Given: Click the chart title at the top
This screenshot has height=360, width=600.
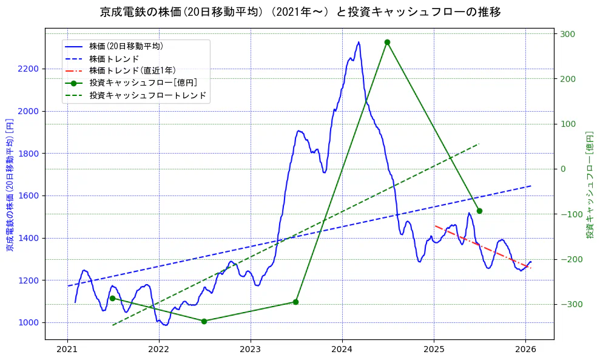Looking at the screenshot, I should (300, 12).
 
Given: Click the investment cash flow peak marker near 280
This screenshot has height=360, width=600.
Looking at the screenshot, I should (387, 42).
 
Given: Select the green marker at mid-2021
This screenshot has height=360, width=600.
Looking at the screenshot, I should (112, 298).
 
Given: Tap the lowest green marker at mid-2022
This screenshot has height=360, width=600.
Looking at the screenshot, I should (204, 321).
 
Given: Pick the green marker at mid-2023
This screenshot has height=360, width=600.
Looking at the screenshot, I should (295, 302).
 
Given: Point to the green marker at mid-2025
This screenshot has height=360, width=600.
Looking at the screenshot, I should (479, 211).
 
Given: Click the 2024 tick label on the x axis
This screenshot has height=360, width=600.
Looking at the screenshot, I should (342, 349).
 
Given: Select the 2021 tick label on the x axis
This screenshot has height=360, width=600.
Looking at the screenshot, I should (67, 349).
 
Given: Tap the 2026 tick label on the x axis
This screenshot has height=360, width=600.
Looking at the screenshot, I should (525, 349).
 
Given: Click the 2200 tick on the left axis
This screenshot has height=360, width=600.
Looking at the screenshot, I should (29, 69).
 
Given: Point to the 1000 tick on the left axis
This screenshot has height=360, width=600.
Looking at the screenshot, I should (29, 323).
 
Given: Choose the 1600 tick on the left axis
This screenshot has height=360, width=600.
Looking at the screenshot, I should (29, 196).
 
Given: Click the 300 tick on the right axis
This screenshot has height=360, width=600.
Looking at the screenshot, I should (568, 34).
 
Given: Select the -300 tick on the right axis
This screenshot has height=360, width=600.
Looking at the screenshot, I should (570, 305).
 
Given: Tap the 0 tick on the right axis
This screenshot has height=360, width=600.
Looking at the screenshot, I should (564, 169).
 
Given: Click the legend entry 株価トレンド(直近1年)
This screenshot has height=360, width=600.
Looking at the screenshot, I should (132, 70).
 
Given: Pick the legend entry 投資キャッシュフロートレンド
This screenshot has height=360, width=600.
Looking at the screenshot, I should (147, 95).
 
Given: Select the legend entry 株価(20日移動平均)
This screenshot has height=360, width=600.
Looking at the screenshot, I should (126, 46).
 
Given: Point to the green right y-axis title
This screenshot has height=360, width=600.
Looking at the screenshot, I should (589, 185).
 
